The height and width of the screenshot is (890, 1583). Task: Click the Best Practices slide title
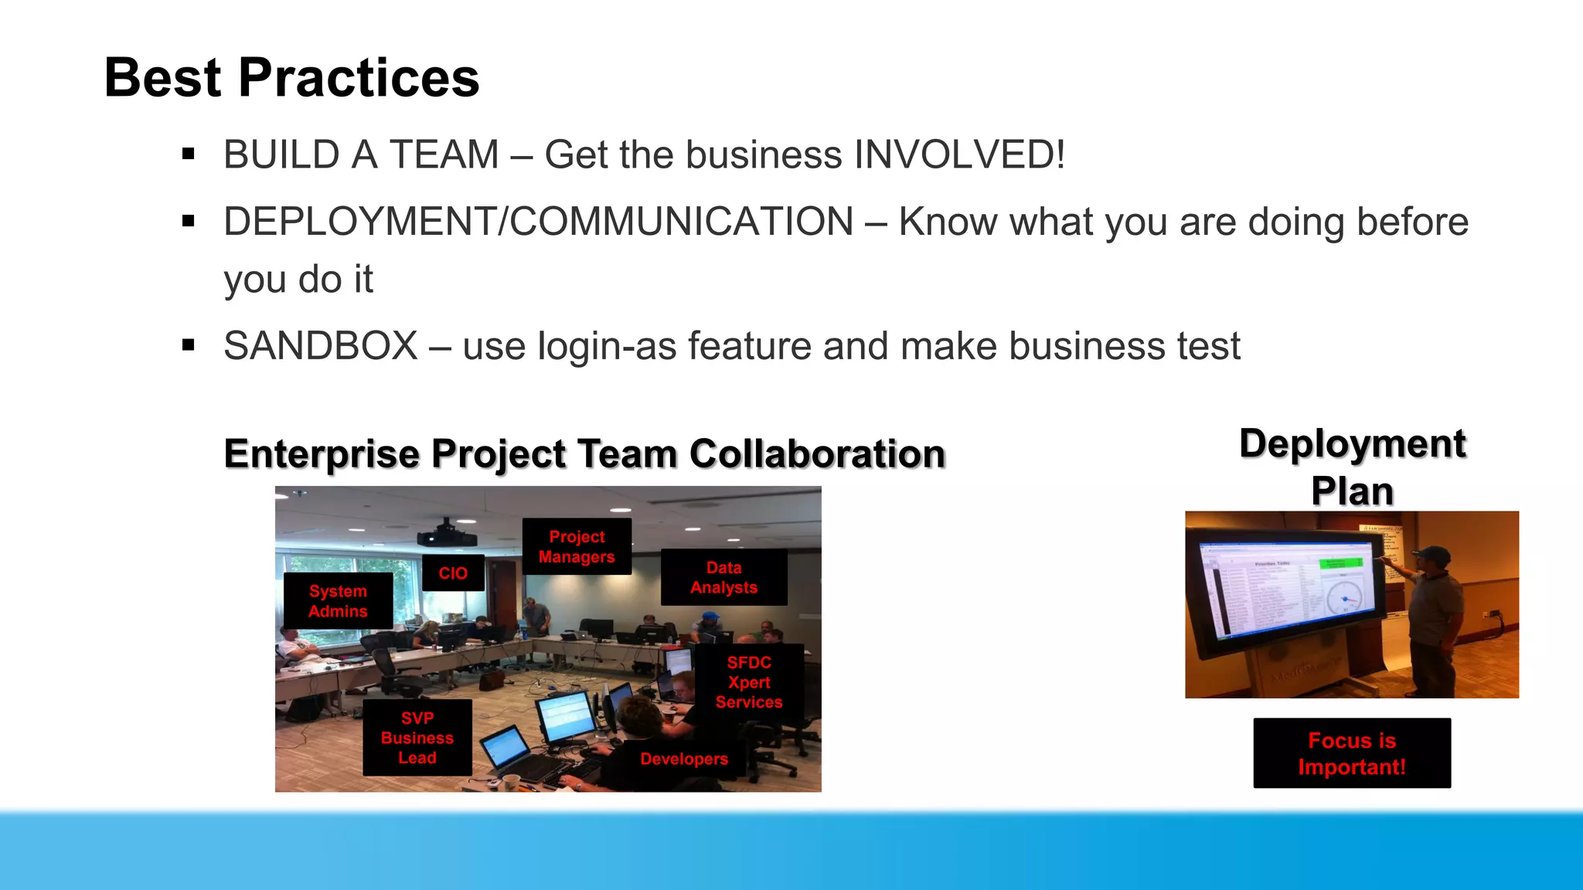pyautogui.click(x=291, y=78)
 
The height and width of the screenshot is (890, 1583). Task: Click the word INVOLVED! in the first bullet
pyautogui.click(x=959, y=155)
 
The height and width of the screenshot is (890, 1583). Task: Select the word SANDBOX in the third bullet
pyautogui.click(x=320, y=346)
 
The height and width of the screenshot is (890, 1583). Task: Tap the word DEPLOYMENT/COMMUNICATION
pyautogui.click(x=538, y=222)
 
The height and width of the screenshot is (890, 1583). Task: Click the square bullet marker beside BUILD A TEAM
pyautogui.click(x=188, y=155)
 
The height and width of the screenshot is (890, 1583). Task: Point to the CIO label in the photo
pyautogui.click(x=453, y=573)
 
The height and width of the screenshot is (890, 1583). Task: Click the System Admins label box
pyautogui.click(x=338, y=601)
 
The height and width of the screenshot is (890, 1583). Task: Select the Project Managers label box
pyautogui.click(x=577, y=546)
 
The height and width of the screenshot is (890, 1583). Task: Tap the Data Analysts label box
pyautogui.click(x=723, y=577)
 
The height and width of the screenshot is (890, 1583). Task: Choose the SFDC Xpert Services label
pyautogui.click(x=748, y=682)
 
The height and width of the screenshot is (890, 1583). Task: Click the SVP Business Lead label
pyautogui.click(x=417, y=738)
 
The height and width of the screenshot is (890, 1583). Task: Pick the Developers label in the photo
pyautogui.click(x=683, y=759)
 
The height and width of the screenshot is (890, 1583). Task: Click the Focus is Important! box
pyautogui.click(x=1352, y=753)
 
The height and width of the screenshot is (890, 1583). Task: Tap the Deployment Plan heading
pyautogui.click(x=1352, y=467)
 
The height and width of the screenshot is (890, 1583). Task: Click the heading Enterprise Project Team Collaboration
pyautogui.click(x=584, y=453)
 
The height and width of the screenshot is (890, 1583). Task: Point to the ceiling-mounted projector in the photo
pyautogui.click(x=446, y=535)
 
